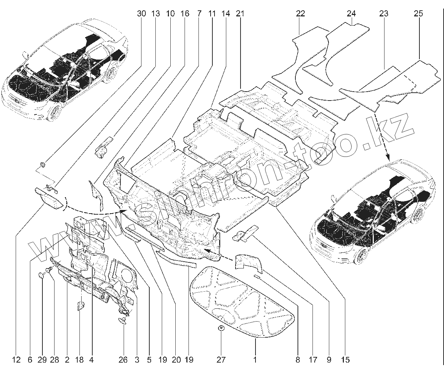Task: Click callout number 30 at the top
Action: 141,14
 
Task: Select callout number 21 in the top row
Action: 240,14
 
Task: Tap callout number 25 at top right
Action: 419,14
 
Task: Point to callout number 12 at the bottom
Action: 16,360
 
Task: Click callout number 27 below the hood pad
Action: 221,360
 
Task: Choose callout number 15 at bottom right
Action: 345,360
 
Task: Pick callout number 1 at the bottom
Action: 255,360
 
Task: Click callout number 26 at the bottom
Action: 123,360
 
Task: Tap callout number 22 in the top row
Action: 300,14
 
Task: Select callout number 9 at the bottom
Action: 329,360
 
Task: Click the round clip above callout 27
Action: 221,328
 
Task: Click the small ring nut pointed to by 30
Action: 42,164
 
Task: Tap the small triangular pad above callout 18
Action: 80,306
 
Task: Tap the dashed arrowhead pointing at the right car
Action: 388,157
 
